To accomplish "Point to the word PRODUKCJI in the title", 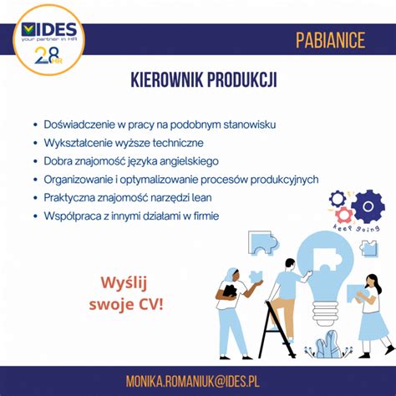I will (243, 81).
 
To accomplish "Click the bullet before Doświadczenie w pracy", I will (33, 124).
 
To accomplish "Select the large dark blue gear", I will (367, 206).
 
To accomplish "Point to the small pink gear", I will (343, 215).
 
